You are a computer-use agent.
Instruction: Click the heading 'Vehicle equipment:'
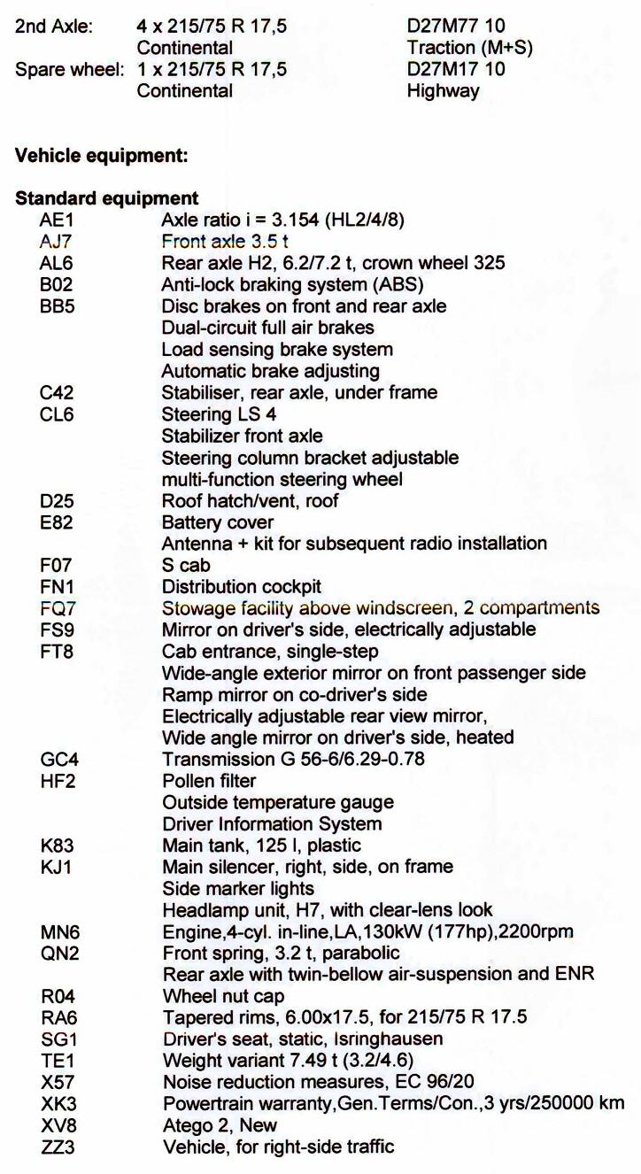pos(102,156)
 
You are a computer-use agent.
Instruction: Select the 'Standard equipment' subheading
pos(106,198)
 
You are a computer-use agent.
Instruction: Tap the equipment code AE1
pos(56,220)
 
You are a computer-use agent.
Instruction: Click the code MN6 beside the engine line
pos(58,931)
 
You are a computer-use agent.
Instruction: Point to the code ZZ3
pos(57,1147)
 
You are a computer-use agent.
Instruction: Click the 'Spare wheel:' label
pos(69,69)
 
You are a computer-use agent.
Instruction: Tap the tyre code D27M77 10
pos(456,27)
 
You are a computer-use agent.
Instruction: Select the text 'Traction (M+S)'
pos(469,48)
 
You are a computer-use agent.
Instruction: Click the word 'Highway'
pos(443,90)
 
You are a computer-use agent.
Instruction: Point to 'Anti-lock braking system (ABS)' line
pos(292,285)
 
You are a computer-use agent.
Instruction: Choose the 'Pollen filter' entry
pos(209,781)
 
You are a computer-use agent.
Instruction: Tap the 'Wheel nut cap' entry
pos(223,996)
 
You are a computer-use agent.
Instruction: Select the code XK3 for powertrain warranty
pos(57,1104)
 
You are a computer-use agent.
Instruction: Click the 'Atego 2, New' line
pos(220,1126)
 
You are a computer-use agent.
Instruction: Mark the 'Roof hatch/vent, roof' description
pos(250,501)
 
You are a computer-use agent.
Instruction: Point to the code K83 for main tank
pos(56,846)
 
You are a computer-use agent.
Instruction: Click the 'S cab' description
pos(185,566)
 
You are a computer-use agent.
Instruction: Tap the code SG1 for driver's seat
pos(58,1039)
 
